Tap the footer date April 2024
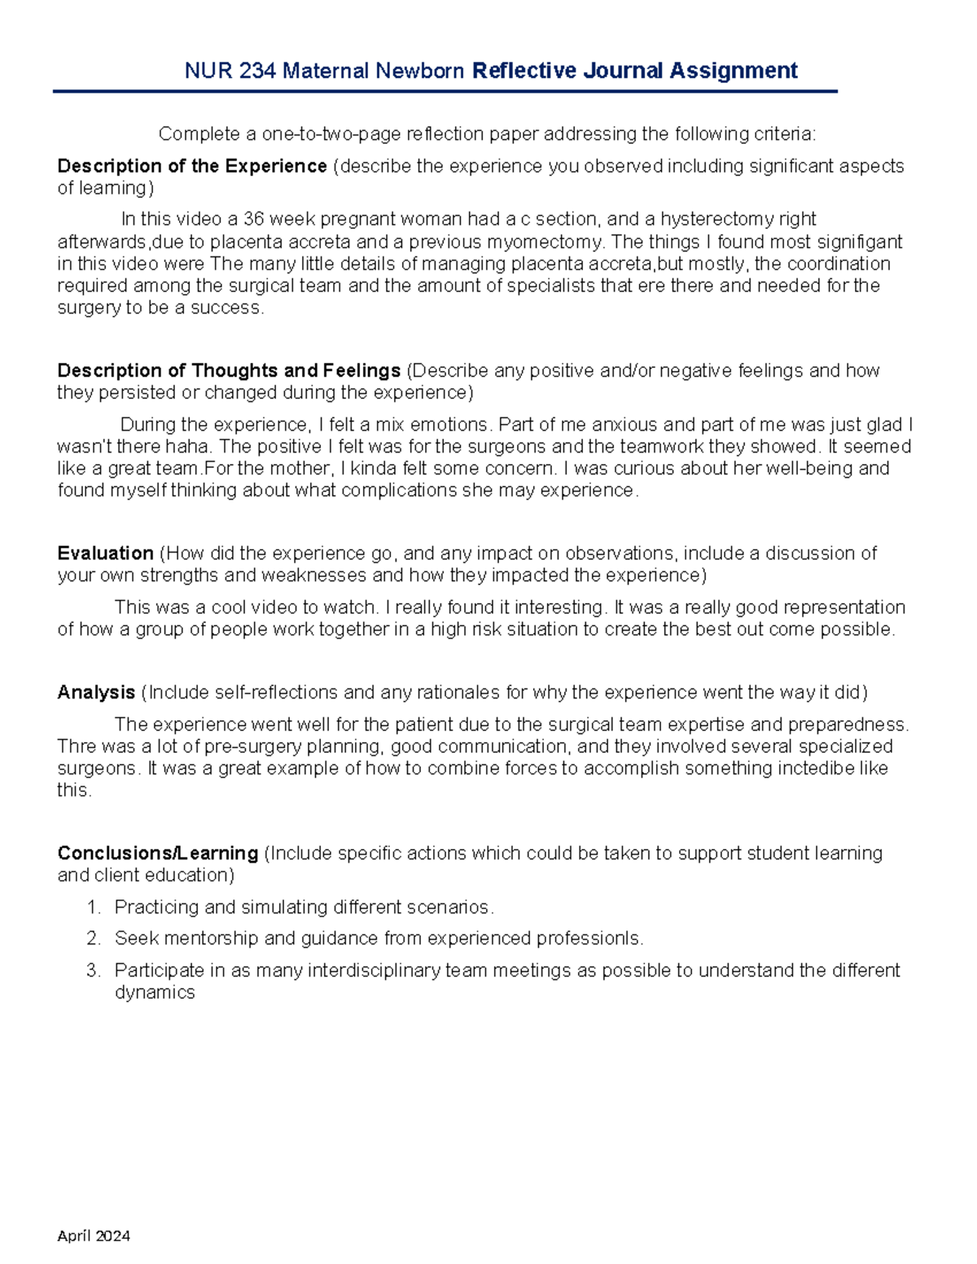pyautogui.click(x=94, y=1236)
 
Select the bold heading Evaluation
pyautogui.click(x=105, y=553)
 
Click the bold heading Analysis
pyautogui.click(x=96, y=693)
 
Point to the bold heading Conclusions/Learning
pyautogui.click(x=157, y=853)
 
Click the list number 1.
pyautogui.click(x=94, y=908)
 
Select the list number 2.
pyautogui.click(x=94, y=938)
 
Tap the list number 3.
pyautogui.click(x=94, y=970)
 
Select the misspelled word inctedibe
pyautogui.click(x=800, y=768)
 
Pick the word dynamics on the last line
pyautogui.click(x=155, y=992)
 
